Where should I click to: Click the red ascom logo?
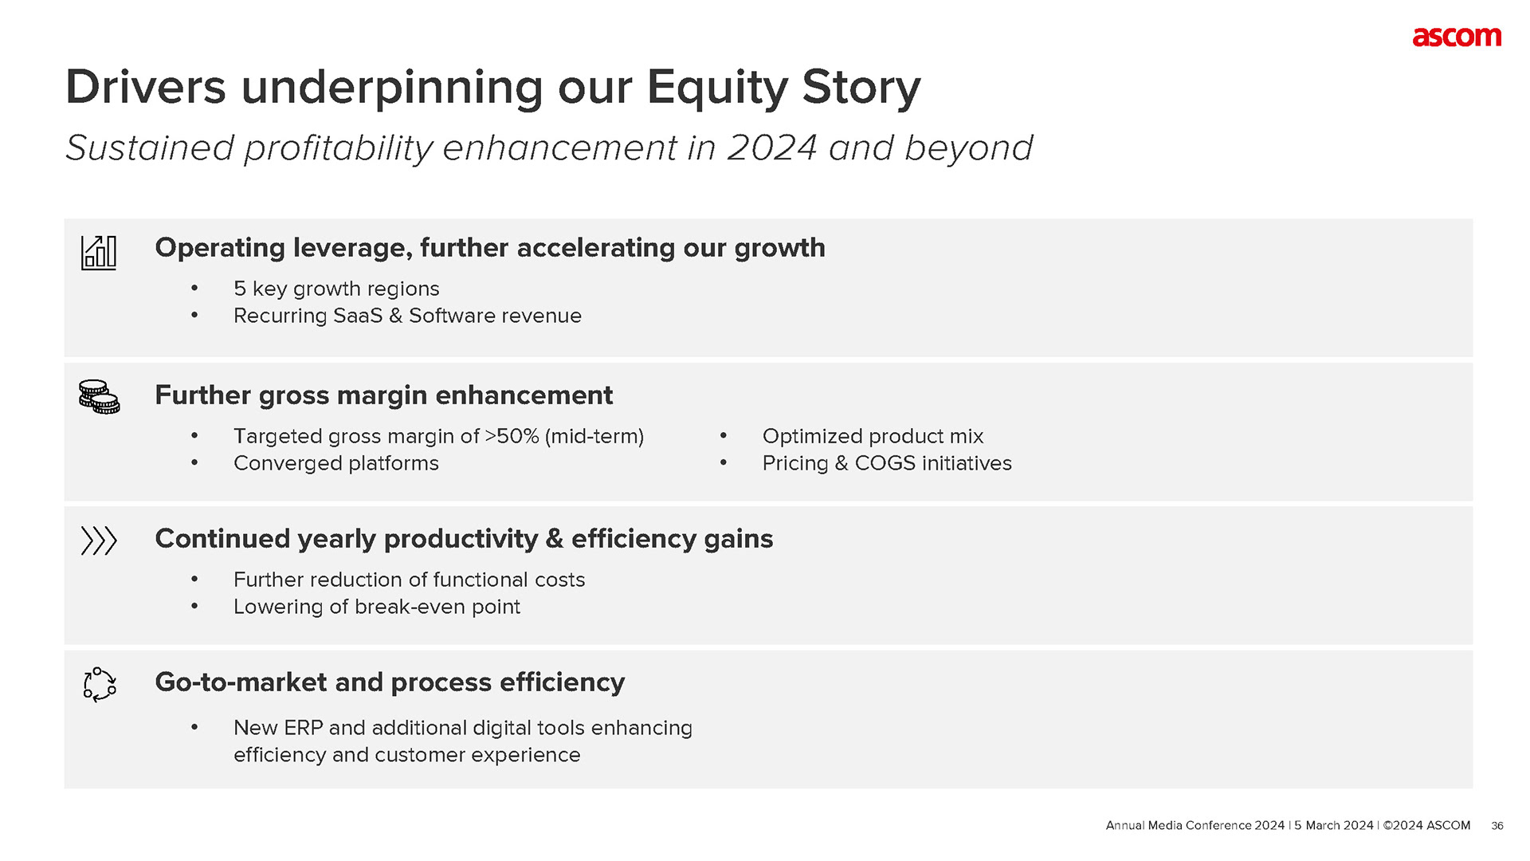point(1457,37)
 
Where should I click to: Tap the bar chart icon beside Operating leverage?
point(99,253)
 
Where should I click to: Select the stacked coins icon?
point(99,396)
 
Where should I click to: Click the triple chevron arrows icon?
point(99,541)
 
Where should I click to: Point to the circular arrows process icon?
point(100,684)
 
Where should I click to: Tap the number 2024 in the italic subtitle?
point(772,147)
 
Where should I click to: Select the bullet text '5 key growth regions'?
point(336,289)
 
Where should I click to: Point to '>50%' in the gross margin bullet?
point(512,436)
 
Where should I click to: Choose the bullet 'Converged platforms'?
point(336,463)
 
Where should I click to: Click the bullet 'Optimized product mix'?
point(873,436)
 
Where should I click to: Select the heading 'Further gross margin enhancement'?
point(384,395)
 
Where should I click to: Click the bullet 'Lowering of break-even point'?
point(377,607)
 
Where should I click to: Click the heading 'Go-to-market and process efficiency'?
point(390,682)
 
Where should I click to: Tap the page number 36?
point(1497,826)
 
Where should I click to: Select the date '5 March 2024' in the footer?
point(1334,825)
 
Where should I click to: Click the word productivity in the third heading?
point(461,540)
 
